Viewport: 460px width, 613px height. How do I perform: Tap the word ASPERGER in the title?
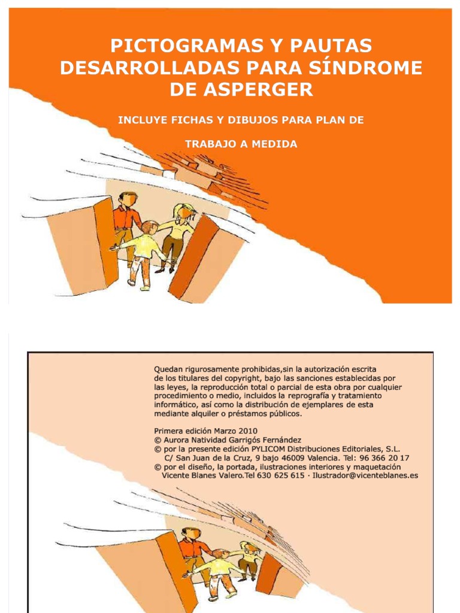coord(258,90)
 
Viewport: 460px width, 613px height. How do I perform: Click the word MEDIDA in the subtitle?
coord(274,144)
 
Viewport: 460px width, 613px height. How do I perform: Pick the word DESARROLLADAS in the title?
coord(150,68)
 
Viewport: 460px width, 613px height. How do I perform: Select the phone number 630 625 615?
coord(280,476)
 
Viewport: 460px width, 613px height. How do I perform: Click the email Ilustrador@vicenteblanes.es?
coord(365,476)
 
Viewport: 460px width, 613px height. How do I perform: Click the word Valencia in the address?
coord(323,458)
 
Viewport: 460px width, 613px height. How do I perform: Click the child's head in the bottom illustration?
coord(220,555)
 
